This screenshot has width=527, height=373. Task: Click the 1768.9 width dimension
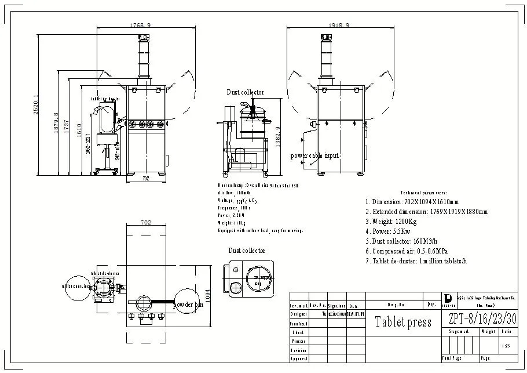[141, 26]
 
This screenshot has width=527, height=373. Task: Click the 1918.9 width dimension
[339, 26]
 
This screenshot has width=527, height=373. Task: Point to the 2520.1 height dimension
[36, 105]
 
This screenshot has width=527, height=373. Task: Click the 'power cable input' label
[314, 155]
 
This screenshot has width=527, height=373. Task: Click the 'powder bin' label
[188, 305]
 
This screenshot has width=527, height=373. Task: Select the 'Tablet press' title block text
[403, 322]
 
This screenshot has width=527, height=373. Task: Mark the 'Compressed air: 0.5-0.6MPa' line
[407, 251]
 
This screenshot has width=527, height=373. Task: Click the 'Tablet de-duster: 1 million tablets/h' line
[416, 261]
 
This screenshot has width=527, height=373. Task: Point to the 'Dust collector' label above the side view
[245, 92]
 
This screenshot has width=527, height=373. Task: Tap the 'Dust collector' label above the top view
[247, 251]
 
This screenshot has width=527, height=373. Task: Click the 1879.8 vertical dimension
[56, 122]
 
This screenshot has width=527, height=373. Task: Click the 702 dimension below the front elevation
[146, 179]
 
